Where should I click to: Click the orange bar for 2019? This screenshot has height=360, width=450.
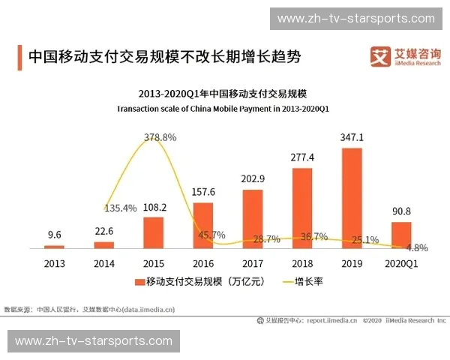tap(352, 198)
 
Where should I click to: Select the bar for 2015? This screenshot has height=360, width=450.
tap(153, 232)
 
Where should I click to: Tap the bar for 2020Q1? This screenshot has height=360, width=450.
tap(401, 235)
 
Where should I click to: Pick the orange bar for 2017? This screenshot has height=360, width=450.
tap(253, 218)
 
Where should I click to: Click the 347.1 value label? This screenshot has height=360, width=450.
tap(352, 138)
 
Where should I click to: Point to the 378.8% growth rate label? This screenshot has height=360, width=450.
tap(160, 137)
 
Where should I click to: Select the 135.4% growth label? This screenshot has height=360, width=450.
tap(120, 208)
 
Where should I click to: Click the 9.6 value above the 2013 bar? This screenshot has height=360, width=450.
tap(54, 234)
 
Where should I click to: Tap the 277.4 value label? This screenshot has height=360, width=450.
tap(302, 157)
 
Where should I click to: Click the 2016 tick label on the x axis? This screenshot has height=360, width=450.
tap(203, 264)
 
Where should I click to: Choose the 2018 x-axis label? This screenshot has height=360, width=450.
tap(302, 264)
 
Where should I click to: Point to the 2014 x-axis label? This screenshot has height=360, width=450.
tap(103, 264)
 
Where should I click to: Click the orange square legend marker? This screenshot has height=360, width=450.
tap(139, 282)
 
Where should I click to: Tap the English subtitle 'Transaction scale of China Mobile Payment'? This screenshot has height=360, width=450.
tap(223, 109)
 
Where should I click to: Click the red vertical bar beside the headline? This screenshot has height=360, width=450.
tap(19, 56)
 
